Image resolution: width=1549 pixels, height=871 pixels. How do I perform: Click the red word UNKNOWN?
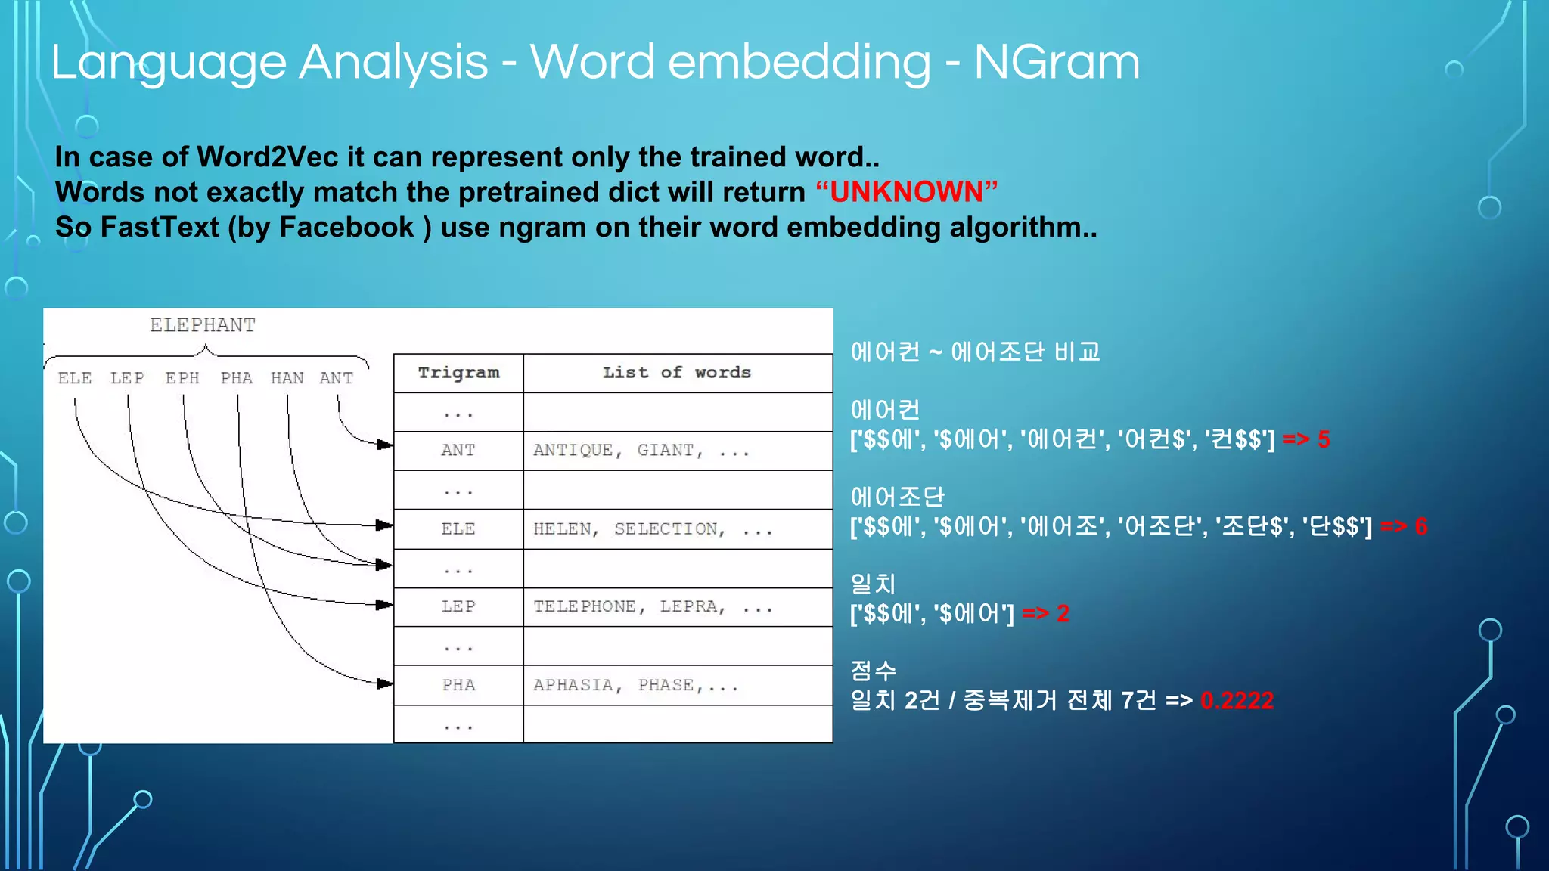(x=906, y=192)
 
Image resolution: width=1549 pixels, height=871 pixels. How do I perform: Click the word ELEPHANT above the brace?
(x=203, y=325)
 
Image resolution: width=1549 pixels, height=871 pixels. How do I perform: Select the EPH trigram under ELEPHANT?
(x=182, y=378)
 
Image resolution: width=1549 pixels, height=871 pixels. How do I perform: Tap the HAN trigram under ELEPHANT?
(x=287, y=378)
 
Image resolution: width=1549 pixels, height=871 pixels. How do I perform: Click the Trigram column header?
(x=458, y=373)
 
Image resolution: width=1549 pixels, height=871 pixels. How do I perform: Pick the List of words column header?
(x=677, y=373)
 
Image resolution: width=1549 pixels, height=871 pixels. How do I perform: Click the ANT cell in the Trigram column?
(x=458, y=451)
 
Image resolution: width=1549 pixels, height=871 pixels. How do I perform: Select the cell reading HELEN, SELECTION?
(x=652, y=529)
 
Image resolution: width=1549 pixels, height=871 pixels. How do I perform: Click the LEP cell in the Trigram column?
(x=458, y=606)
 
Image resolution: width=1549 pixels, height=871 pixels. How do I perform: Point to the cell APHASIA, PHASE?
(x=635, y=685)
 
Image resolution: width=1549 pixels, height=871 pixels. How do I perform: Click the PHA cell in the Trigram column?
(x=458, y=685)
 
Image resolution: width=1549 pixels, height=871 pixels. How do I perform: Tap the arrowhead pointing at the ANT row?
(x=385, y=445)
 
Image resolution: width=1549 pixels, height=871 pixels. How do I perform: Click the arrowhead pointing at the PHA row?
(x=385, y=683)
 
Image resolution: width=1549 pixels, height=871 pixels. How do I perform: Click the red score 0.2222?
(x=1237, y=701)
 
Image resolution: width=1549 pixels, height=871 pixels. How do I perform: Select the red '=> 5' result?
(x=1306, y=439)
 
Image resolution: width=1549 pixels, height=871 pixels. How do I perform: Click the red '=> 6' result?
(x=1404, y=526)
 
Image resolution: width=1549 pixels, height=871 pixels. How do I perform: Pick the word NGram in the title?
(x=1057, y=62)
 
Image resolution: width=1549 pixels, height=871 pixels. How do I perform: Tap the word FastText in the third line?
(x=160, y=228)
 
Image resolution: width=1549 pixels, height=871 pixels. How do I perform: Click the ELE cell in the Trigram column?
(x=458, y=529)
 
